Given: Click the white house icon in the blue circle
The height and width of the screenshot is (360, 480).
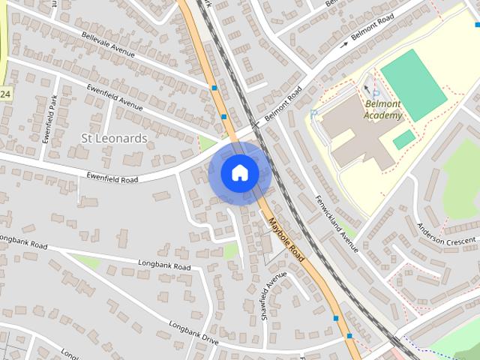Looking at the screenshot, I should (240, 173).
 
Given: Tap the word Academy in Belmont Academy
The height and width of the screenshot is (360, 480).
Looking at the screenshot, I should (382, 115).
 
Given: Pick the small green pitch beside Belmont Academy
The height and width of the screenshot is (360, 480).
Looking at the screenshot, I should (403, 139).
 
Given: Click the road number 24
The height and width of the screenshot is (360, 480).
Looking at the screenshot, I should (5, 94).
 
